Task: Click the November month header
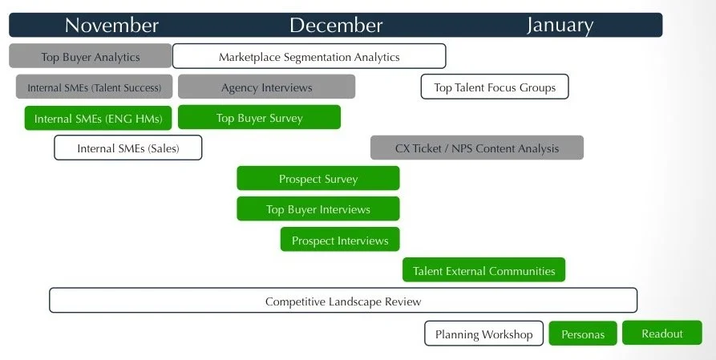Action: point(111,25)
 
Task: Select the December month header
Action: point(336,25)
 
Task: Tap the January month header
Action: point(560,25)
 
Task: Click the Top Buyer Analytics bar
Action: point(91,56)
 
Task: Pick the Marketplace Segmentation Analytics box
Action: point(309,56)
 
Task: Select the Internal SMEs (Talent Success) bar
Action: point(94,87)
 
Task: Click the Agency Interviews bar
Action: point(266,87)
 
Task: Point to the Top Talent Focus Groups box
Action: point(495,87)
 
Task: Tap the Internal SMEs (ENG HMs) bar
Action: point(99,119)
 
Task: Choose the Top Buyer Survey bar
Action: point(259,118)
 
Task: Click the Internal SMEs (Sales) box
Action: point(127,148)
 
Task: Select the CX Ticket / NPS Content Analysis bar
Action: point(477,148)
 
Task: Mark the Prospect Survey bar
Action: point(318,179)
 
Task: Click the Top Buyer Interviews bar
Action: point(318,209)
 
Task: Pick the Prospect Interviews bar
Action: point(340,240)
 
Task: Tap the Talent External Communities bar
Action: point(483,270)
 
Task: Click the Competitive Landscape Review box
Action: point(343,301)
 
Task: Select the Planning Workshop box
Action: point(483,334)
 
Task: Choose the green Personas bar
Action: point(583,334)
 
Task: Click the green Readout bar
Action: point(661,333)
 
